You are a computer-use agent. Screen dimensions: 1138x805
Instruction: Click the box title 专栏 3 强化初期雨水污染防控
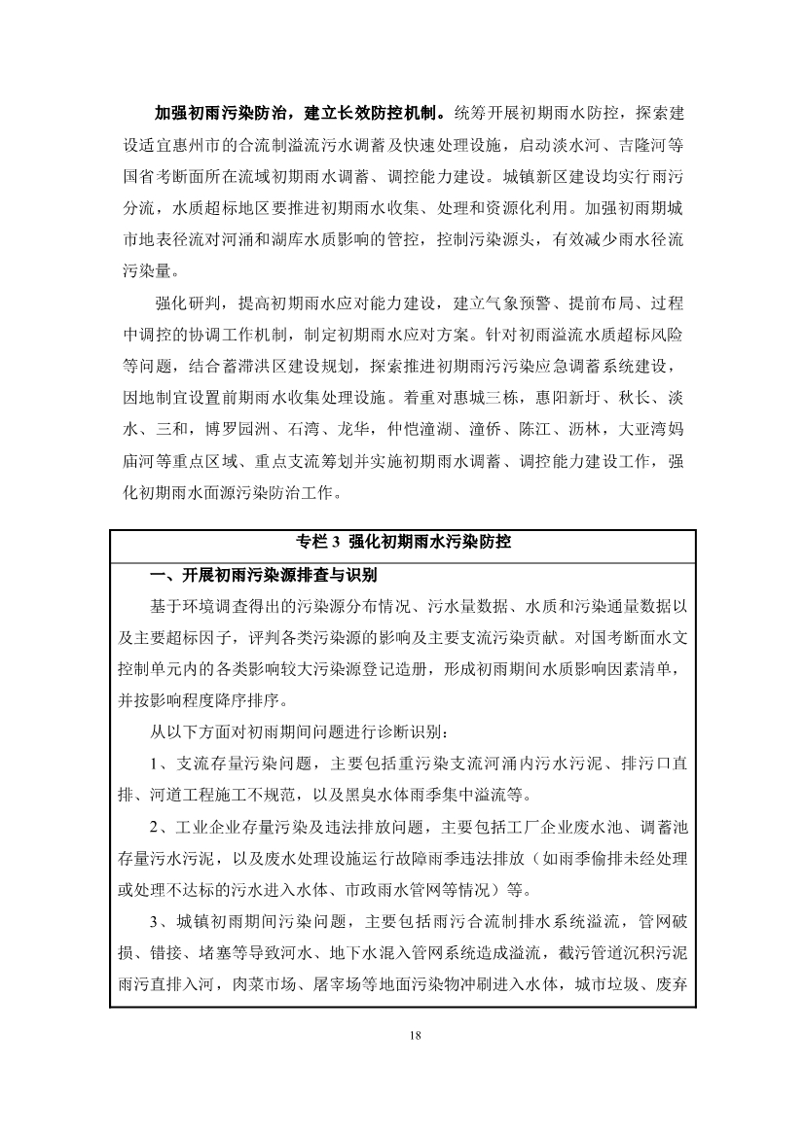tap(402, 543)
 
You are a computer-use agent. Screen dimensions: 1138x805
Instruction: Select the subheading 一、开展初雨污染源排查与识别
tap(262, 575)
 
